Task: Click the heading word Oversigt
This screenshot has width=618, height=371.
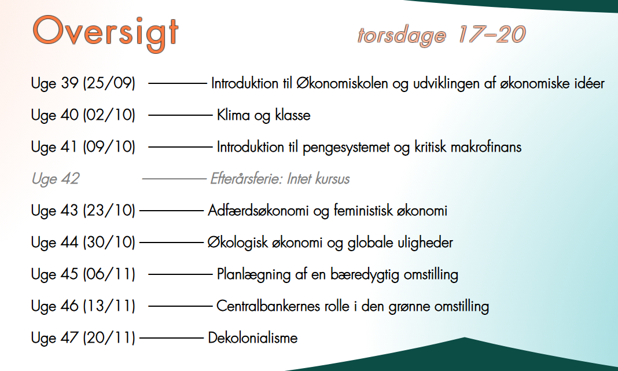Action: [x=105, y=33]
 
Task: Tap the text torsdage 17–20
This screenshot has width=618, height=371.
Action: [x=441, y=35]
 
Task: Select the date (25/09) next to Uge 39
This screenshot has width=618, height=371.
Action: [x=109, y=83]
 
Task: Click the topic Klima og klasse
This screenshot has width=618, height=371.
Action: [x=263, y=115]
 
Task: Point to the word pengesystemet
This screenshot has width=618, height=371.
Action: [x=337, y=147]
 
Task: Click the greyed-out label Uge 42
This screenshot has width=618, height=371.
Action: [x=55, y=179]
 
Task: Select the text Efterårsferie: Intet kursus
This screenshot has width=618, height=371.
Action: [x=280, y=179]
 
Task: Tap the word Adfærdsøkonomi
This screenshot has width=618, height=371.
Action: [x=259, y=211]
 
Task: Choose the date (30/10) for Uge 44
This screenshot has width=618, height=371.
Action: [x=109, y=243]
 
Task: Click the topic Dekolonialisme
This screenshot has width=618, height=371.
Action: [x=252, y=337]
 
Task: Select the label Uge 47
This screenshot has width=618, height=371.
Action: [x=55, y=337]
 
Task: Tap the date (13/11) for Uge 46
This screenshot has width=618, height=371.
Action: [x=109, y=306]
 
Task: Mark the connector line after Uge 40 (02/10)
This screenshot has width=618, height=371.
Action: [x=181, y=115]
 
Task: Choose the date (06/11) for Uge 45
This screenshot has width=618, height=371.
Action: [x=109, y=274]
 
